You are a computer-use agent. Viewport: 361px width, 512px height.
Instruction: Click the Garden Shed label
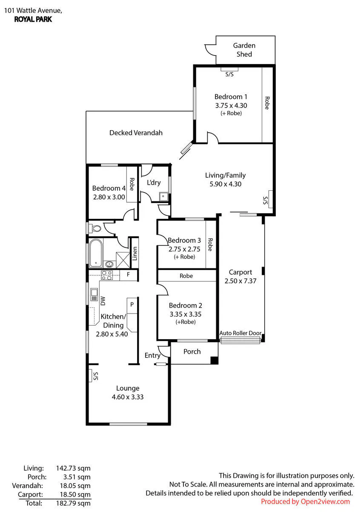[244, 50]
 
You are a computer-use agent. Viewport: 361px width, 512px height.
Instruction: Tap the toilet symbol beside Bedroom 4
[96, 228]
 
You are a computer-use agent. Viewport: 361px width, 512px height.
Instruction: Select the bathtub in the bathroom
[95, 253]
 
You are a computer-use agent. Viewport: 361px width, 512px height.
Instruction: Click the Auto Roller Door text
[241, 333]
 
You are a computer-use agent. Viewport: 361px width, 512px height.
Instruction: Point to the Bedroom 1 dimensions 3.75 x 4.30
[231, 106]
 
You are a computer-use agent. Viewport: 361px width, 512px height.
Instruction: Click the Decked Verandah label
[136, 133]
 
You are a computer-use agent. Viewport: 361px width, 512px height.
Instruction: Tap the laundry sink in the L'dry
[163, 197]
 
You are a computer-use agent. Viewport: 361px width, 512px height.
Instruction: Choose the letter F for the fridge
[128, 274]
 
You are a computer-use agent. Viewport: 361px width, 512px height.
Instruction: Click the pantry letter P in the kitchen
[132, 305]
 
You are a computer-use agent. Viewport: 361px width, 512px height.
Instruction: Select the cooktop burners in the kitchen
[107, 276]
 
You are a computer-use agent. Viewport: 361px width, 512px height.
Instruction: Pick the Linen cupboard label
[135, 253]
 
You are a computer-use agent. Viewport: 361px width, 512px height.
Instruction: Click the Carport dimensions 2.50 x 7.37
[241, 281]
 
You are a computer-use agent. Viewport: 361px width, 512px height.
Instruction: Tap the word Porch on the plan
[192, 352]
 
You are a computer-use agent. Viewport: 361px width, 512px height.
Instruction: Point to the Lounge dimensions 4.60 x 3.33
[127, 397]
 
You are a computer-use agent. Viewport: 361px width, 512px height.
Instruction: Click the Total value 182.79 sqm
[73, 503]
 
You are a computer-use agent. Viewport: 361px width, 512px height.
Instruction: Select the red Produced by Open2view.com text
[305, 502]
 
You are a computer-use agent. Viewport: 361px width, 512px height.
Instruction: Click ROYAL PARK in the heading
[33, 20]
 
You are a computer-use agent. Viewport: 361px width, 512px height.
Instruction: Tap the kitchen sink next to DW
[94, 295]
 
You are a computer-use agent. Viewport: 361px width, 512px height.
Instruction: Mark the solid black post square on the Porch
[214, 360]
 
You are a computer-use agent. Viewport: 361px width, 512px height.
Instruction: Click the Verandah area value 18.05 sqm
[75, 486]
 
